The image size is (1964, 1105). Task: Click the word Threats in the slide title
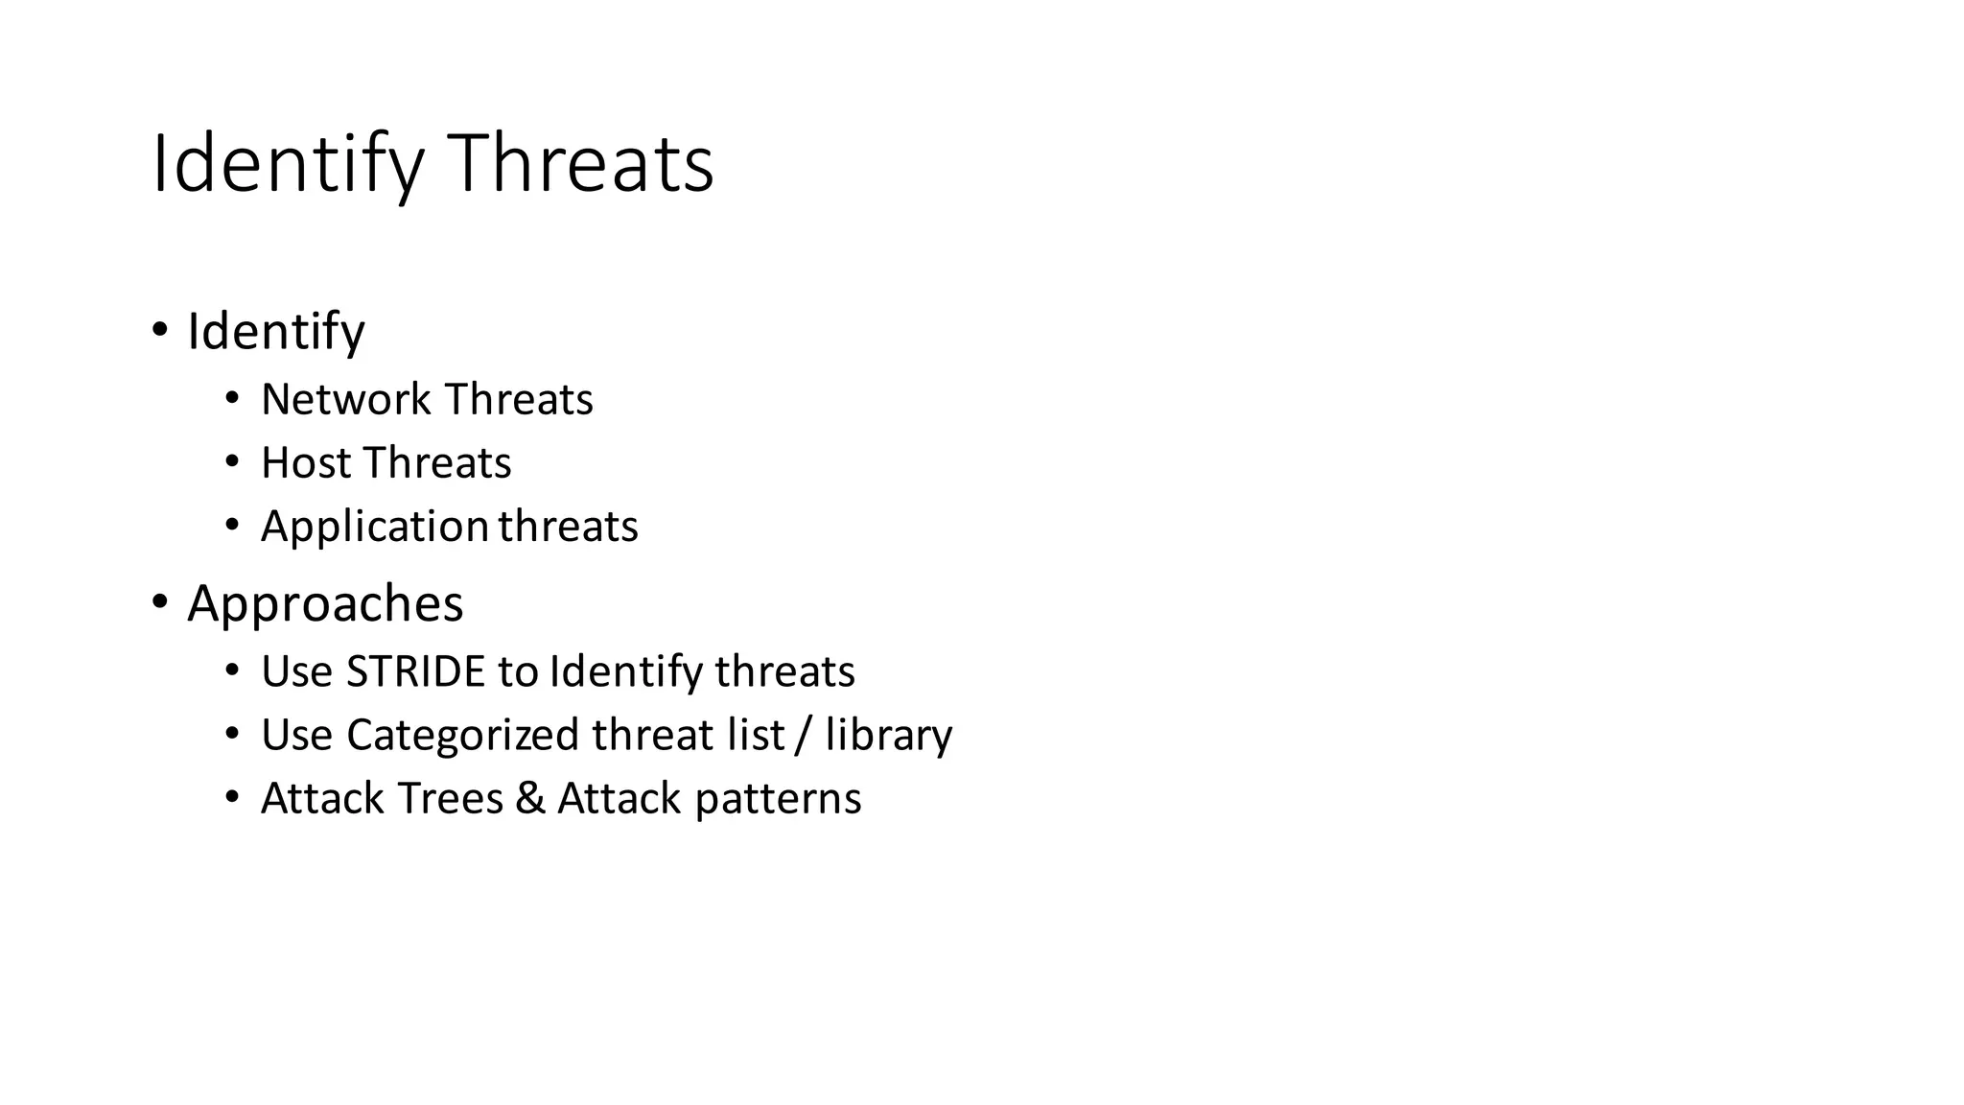tap(581, 165)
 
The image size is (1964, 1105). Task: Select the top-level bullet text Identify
tap(276, 332)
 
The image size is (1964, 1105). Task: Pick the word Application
tap(375, 527)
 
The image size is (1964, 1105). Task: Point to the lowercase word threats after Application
tap(568, 526)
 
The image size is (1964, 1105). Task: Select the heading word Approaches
tap(325, 604)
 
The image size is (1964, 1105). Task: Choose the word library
tap(888, 736)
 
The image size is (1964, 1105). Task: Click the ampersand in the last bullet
tap(529, 798)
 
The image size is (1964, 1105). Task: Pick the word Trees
tap(449, 798)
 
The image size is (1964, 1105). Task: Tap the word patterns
tap(778, 799)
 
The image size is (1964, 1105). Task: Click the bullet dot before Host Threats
tap(231, 462)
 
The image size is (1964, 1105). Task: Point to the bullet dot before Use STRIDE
tap(231, 671)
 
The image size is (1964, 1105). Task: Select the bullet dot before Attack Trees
tap(231, 798)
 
